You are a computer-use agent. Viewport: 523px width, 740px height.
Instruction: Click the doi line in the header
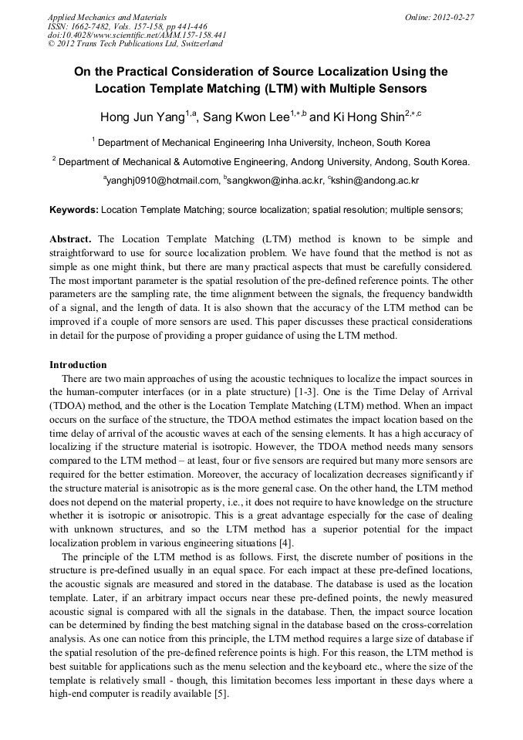pyautogui.click(x=137, y=35)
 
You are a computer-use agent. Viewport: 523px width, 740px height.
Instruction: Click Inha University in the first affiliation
pyautogui.click(x=300, y=143)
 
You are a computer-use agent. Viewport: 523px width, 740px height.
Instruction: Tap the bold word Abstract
pyautogui.click(x=70, y=240)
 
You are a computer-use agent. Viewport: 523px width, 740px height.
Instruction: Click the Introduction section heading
pyautogui.click(x=78, y=365)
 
